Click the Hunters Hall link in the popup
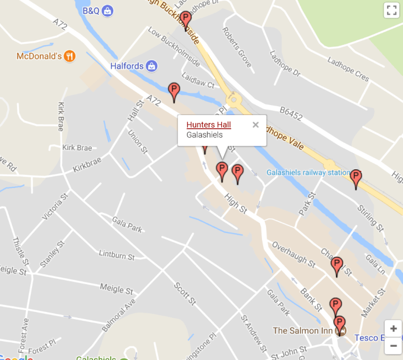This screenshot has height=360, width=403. pyautogui.click(x=208, y=125)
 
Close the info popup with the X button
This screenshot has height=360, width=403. pyautogui.click(x=255, y=124)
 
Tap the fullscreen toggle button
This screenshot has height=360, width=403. pyautogui.click(x=391, y=10)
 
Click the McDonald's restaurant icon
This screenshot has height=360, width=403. pyautogui.click(x=69, y=56)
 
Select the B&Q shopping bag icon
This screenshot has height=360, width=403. pyautogui.click(x=108, y=11)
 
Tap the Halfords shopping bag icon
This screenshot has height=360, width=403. pyautogui.click(x=151, y=66)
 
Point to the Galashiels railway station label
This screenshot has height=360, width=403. pyautogui.click(x=308, y=173)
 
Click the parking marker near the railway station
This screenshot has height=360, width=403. pyautogui.click(x=356, y=178)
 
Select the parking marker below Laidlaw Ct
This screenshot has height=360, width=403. pyautogui.click(x=174, y=91)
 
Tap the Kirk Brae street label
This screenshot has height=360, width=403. pyautogui.click(x=76, y=148)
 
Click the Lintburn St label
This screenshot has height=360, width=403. pyautogui.click(x=116, y=255)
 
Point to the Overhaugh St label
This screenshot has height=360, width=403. pyautogui.click(x=293, y=254)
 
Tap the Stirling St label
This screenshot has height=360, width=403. pyautogui.click(x=370, y=217)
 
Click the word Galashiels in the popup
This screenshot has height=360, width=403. pyautogui.click(x=205, y=135)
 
